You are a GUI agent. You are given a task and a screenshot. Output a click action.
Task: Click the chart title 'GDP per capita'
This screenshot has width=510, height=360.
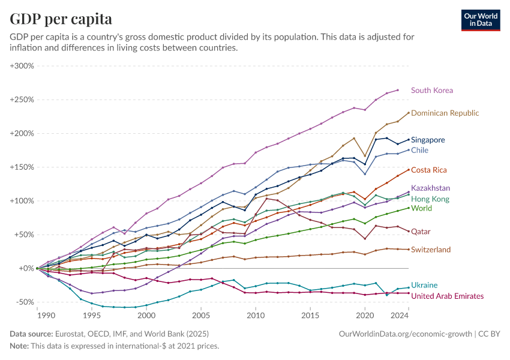[x=61, y=19]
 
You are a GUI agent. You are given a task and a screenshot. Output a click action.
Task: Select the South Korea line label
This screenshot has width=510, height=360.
[x=431, y=90]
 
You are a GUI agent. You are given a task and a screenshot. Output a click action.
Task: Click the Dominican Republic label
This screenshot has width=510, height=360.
[x=445, y=113]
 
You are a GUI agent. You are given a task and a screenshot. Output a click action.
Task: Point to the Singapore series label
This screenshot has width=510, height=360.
[x=428, y=140]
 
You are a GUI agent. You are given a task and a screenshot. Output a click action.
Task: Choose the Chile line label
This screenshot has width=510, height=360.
[x=419, y=150]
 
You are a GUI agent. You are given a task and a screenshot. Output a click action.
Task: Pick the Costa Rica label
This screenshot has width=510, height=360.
[x=428, y=170]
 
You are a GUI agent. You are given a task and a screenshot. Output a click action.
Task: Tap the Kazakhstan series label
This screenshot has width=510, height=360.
[x=430, y=188]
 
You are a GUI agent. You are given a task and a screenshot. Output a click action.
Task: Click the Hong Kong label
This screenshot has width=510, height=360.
[x=430, y=199]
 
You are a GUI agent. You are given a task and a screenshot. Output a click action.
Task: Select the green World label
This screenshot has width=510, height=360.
[x=421, y=208]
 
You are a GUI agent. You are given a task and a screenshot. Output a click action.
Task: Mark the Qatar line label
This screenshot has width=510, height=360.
[x=421, y=231]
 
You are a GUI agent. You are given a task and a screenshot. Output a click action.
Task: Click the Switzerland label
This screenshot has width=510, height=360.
[x=430, y=249]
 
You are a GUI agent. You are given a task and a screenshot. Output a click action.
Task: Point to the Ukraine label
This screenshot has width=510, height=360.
[x=424, y=285]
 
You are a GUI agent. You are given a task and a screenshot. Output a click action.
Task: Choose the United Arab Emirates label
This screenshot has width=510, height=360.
[x=447, y=296]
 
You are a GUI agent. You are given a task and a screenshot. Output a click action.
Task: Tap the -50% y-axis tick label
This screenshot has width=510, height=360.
[x=24, y=302]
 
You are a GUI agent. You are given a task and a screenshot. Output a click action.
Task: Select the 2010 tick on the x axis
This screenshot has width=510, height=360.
[x=256, y=314]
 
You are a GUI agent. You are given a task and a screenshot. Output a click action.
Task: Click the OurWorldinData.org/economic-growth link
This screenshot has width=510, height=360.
[x=406, y=333]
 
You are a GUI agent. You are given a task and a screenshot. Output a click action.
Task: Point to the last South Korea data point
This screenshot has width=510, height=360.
[x=397, y=90]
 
